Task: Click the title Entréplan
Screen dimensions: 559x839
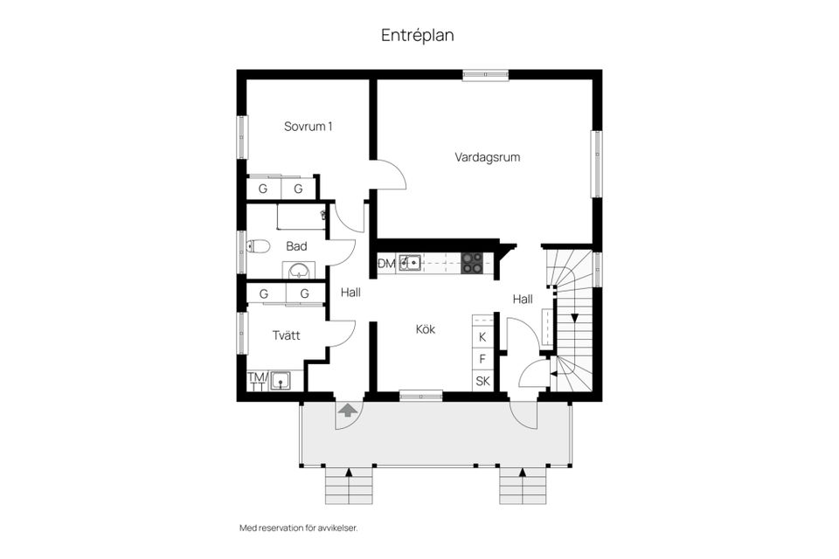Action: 417,36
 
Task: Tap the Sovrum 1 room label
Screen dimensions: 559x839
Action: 308,127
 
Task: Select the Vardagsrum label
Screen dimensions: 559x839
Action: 488,158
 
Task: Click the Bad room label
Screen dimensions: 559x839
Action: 296,246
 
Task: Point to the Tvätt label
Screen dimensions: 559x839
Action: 286,335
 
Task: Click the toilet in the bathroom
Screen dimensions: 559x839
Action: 258,246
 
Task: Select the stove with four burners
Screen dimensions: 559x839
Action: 472,263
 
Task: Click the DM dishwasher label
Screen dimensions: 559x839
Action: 386,263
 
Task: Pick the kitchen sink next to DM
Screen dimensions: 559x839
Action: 410,263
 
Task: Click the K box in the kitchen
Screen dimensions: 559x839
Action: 482,336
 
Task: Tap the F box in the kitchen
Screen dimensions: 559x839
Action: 482,359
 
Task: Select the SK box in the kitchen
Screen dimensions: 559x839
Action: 482,382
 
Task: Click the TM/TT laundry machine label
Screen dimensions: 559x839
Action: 257,382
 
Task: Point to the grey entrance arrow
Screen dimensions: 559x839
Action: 347,409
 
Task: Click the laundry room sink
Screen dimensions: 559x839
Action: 281,380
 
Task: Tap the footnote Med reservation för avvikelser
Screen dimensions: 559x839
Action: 299,528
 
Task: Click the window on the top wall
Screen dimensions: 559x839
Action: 485,75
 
